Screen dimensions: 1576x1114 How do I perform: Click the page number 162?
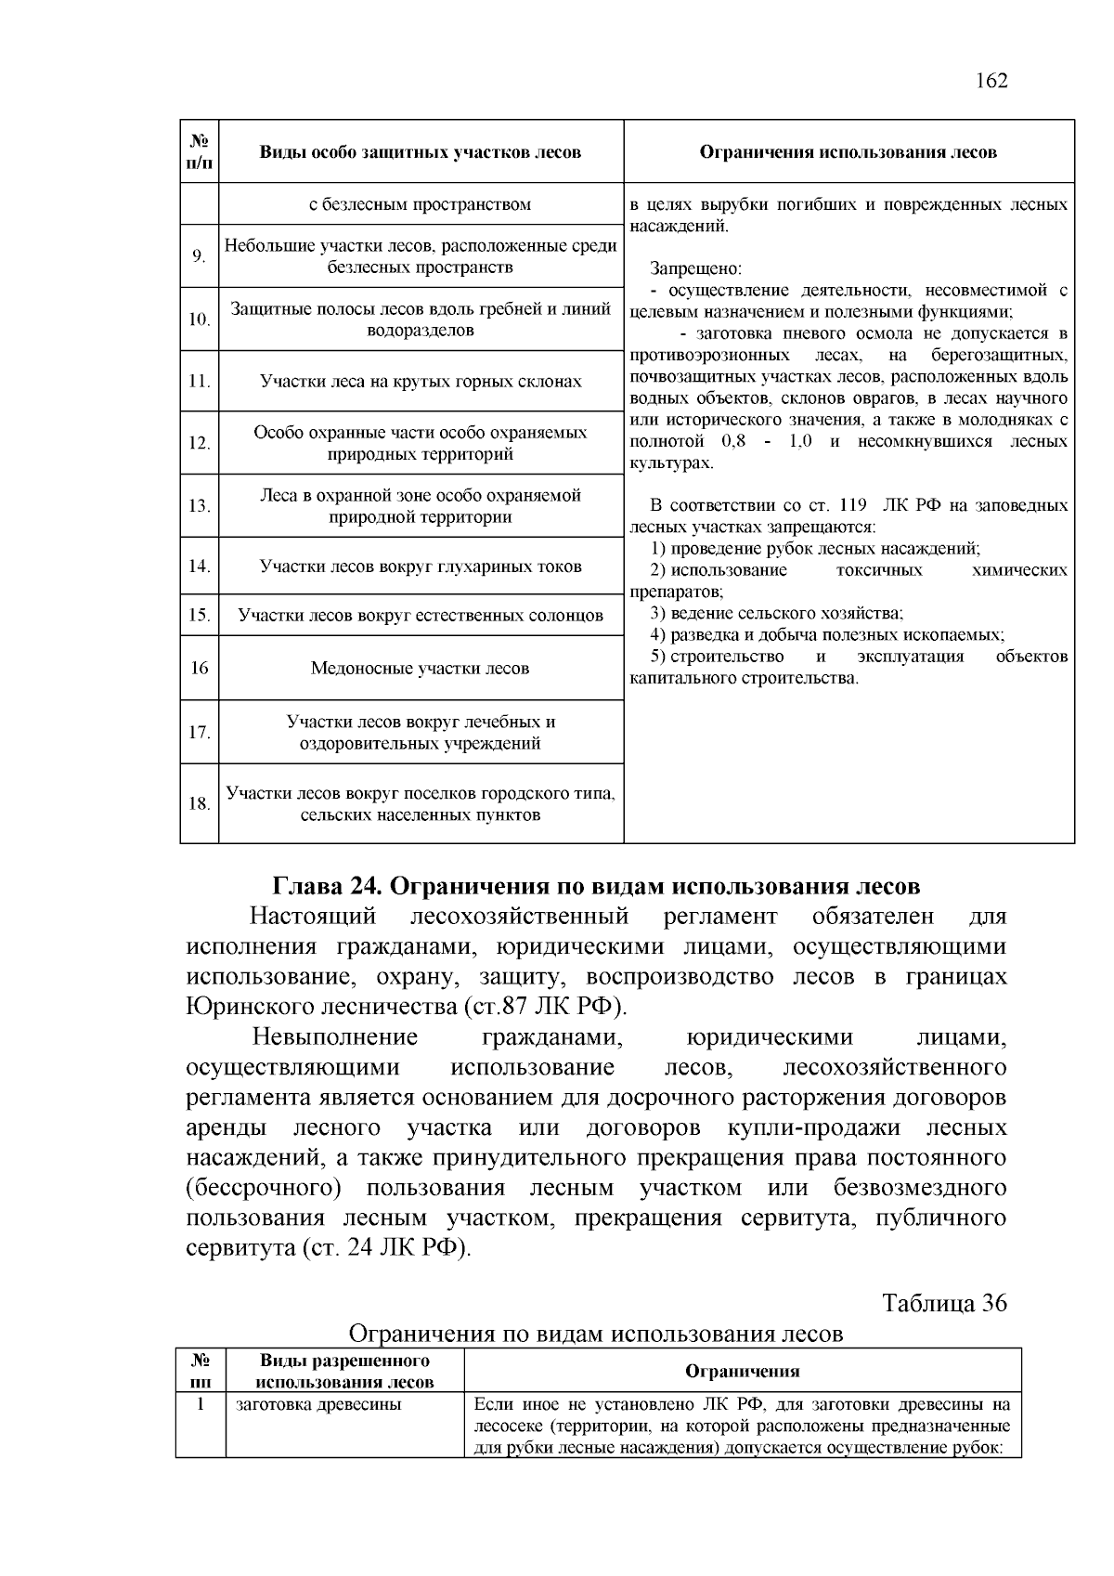[991, 81]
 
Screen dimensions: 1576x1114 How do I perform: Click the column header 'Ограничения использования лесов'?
[848, 152]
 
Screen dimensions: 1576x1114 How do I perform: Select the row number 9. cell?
[199, 256]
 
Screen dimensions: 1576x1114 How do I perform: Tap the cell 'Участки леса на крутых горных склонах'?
[421, 382]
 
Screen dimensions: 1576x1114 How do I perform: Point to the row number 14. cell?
[199, 566]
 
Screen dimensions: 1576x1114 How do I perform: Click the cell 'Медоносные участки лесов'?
[421, 668]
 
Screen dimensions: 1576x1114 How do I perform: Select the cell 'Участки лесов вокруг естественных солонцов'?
[421, 615]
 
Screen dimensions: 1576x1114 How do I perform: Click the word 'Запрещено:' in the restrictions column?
[695, 268]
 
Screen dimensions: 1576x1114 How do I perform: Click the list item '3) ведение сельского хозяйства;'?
[776, 613]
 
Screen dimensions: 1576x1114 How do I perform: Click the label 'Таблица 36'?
[944, 1303]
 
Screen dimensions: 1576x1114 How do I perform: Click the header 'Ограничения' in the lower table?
[742, 1371]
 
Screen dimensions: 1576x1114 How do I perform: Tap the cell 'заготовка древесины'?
[318, 1404]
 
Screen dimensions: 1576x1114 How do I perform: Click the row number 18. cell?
[199, 803]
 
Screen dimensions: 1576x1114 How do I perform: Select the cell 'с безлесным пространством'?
[421, 204]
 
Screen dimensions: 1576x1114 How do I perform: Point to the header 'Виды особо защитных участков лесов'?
[421, 152]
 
